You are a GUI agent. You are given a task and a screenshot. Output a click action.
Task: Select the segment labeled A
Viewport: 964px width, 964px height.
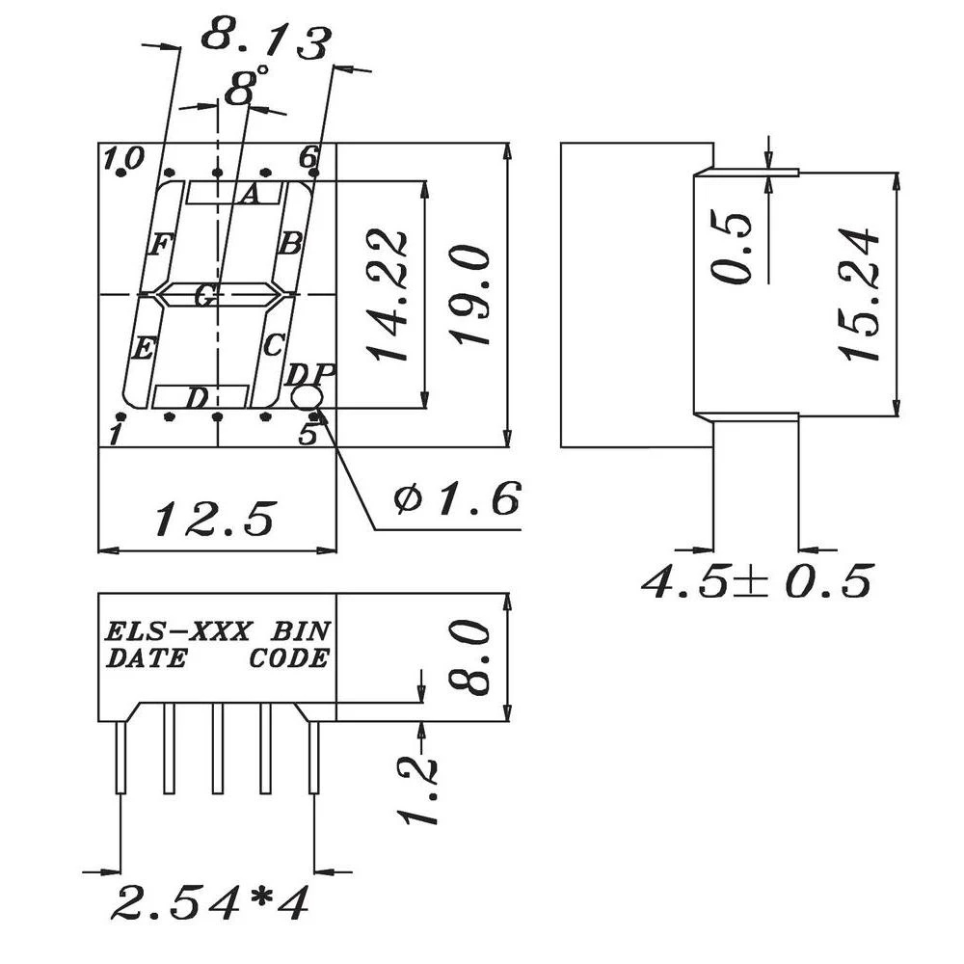[234, 194]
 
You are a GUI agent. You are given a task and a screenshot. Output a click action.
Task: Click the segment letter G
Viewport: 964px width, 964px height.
[204, 296]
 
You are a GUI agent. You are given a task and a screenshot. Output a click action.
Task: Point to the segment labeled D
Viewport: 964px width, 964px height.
[200, 396]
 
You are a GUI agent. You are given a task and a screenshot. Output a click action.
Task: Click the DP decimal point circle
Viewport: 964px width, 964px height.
[307, 398]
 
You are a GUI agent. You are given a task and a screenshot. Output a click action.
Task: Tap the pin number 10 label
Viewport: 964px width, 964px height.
[125, 157]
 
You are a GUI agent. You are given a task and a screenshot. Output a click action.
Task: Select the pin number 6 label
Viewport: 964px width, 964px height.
[308, 156]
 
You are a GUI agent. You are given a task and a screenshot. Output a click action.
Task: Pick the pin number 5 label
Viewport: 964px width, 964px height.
[307, 435]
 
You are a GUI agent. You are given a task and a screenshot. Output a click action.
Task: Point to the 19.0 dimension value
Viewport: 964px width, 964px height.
[473, 295]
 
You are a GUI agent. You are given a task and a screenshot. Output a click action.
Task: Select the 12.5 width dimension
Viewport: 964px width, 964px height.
[216, 519]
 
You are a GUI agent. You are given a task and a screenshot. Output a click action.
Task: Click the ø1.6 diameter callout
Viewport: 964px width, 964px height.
[457, 498]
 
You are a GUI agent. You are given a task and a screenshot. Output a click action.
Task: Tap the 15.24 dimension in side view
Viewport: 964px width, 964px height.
[860, 294]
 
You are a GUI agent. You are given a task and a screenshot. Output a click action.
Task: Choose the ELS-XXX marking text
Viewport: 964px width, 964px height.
[178, 632]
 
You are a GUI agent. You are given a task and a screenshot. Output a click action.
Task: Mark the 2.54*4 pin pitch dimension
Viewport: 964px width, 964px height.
[208, 903]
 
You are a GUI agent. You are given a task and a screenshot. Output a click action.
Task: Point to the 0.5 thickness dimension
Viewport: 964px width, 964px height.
[736, 248]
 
